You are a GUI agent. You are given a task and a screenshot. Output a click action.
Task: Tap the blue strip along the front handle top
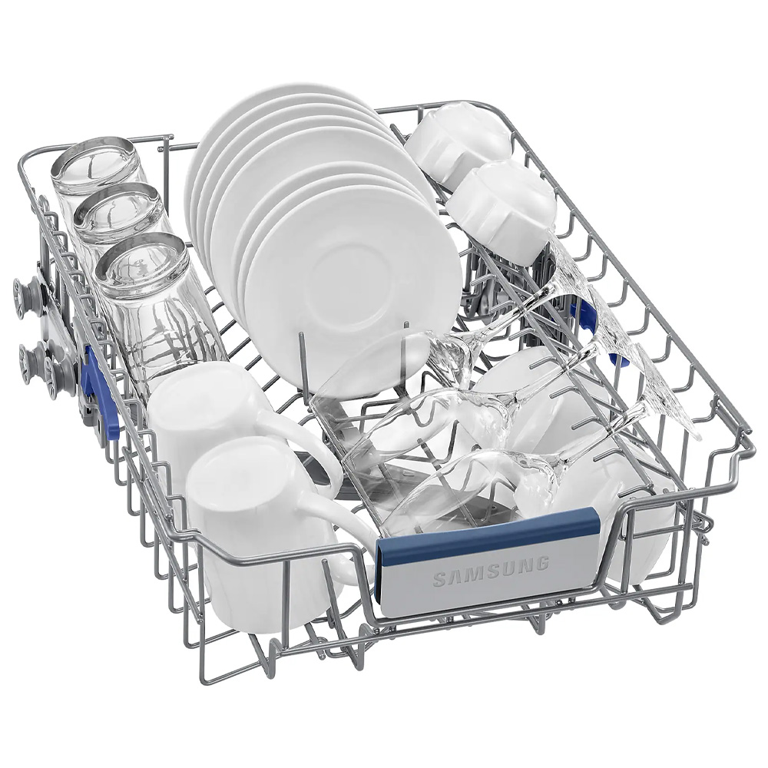click(x=488, y=535)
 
